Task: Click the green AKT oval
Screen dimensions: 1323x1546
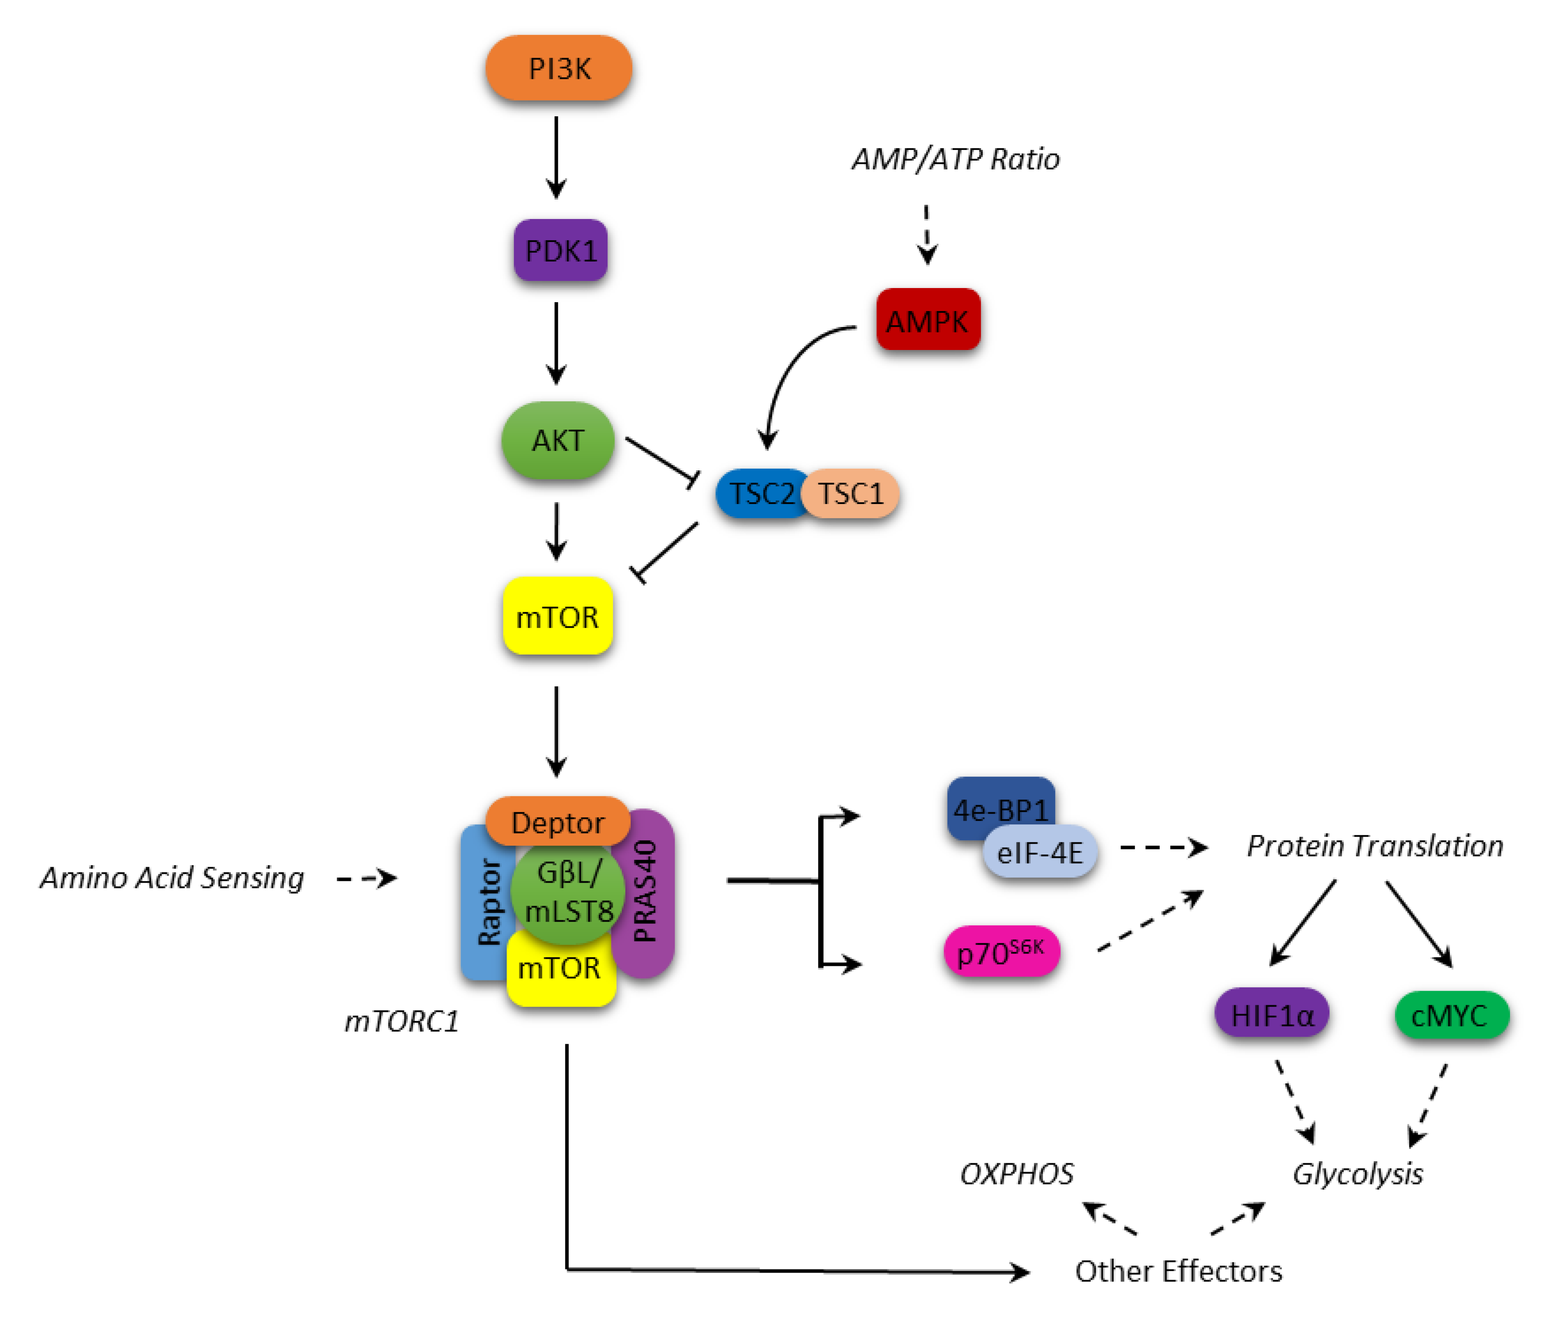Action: (558, 440)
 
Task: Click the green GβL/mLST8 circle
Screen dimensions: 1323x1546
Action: (567, 892)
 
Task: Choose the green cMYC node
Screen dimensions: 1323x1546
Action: (1450, 1015)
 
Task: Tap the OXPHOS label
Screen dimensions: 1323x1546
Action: (1016, 1174)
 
